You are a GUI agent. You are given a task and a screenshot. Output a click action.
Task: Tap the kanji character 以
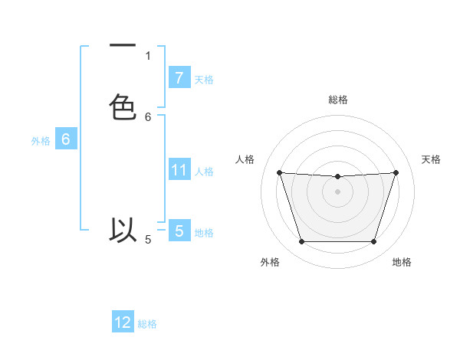123,230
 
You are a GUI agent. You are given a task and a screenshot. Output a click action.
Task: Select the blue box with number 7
179,77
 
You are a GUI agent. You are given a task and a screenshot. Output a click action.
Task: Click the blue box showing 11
179,169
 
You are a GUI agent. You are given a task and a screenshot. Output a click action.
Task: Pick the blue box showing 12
123,322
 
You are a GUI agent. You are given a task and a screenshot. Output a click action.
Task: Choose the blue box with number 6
66,139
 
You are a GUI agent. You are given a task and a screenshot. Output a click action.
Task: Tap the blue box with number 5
179,231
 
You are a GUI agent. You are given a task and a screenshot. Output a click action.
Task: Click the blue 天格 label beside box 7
205,79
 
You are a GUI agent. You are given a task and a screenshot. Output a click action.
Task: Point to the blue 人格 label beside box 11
205,171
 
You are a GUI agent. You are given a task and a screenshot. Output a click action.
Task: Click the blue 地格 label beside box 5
205,232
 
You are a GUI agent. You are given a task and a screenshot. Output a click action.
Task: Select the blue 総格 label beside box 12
148,324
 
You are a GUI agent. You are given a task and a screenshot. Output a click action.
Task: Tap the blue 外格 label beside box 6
41,141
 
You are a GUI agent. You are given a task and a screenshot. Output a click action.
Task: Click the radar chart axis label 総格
337,100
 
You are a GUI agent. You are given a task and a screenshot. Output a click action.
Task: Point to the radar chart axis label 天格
432,159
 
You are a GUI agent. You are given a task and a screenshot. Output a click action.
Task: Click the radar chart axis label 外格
270,262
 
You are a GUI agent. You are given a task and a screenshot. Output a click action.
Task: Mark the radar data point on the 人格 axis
279,173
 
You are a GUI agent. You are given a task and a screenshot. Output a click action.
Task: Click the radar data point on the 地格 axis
373,242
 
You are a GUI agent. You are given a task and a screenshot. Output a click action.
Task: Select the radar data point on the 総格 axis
337,177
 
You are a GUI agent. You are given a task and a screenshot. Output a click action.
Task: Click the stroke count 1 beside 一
148,55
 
